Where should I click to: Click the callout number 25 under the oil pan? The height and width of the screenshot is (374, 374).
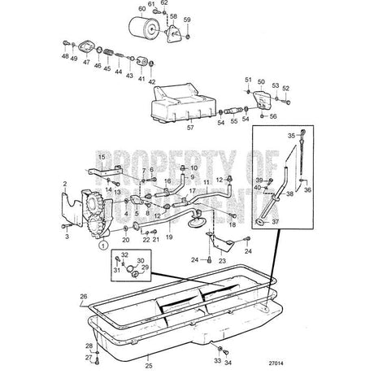(149, 355)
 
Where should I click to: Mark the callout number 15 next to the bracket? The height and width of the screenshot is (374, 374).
(101, 156)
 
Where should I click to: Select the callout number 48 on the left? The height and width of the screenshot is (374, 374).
(64, 57)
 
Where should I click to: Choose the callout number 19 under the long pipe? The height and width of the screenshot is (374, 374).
(170, 239)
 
